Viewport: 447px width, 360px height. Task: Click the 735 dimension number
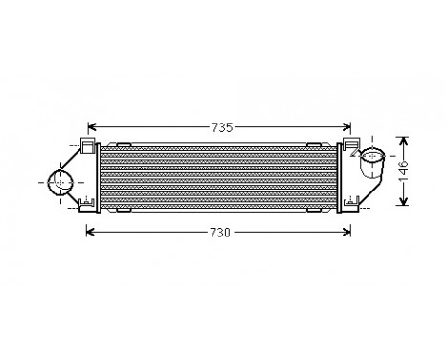[219, 126]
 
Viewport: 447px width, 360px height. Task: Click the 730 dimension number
[219, 232]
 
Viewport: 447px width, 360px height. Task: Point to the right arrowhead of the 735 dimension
[348, 126]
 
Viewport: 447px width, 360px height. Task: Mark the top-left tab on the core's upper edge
[125, 144]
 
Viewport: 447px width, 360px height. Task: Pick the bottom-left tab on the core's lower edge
[124, 209]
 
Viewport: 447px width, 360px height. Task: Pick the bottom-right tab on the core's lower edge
[313, 209]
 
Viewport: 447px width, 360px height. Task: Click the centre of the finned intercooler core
[219, 176]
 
